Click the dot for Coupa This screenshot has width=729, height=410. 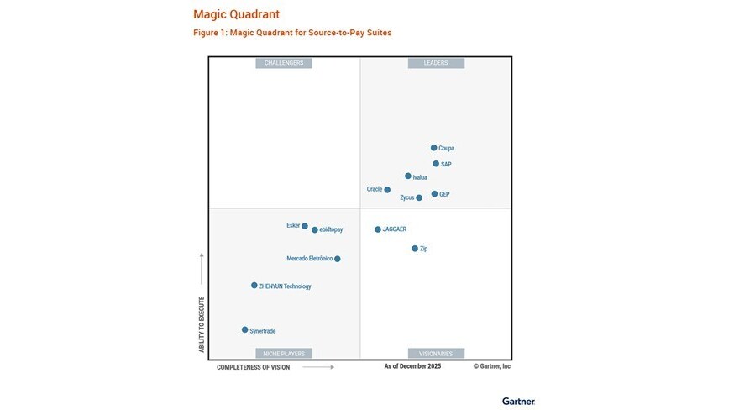(x=434, y=148)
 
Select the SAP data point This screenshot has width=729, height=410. (x=436, y=164)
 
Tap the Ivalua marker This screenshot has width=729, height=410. (x=408, y=176)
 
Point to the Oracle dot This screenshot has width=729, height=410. (x=387, y=190)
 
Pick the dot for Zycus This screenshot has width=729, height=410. (x=419, y=198)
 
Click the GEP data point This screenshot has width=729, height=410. (x=434, y=194)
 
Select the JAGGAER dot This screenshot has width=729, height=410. (x=378, y=229)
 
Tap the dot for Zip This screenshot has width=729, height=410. (x=415, y=249)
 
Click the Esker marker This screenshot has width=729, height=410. (x=305, y=226)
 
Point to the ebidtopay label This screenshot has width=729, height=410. (x=331, y=230)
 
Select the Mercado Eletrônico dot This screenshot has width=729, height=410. (x=338, y=259)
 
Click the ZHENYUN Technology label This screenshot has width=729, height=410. (x=285, y=286)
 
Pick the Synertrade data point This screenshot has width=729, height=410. (x=245, y=330)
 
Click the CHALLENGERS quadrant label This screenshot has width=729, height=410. (x=284, y=63)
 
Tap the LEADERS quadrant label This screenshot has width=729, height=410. (x=436, y=63)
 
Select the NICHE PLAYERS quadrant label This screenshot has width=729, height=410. (x=284, y=354)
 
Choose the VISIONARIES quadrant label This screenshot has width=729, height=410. (x=436, y=354)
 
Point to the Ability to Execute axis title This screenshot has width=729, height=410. (x=202, y=323)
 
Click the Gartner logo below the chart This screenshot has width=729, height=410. (x=518, y=401)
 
